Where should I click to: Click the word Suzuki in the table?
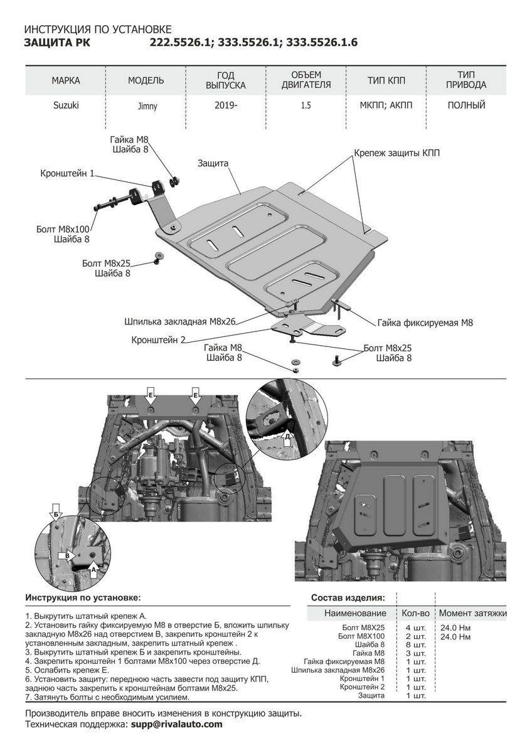[66, 105]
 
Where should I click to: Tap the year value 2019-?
[226, 105]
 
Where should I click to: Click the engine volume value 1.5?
[306, 105]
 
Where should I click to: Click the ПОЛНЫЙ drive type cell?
[466, 105]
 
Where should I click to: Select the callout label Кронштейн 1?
[67, 173]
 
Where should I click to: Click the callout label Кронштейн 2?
[159, 340]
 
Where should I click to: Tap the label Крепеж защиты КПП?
[396, 153]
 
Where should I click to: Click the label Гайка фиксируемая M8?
[425, 323]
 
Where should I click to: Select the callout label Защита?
[213, 163]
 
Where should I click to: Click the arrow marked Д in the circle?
[287, 438]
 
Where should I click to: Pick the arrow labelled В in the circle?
[66, 555]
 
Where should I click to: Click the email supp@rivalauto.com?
[176, 724]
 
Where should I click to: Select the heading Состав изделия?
[348, 597]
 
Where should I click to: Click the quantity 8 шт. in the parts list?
[415, 644]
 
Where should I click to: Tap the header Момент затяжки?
[472, 613]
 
